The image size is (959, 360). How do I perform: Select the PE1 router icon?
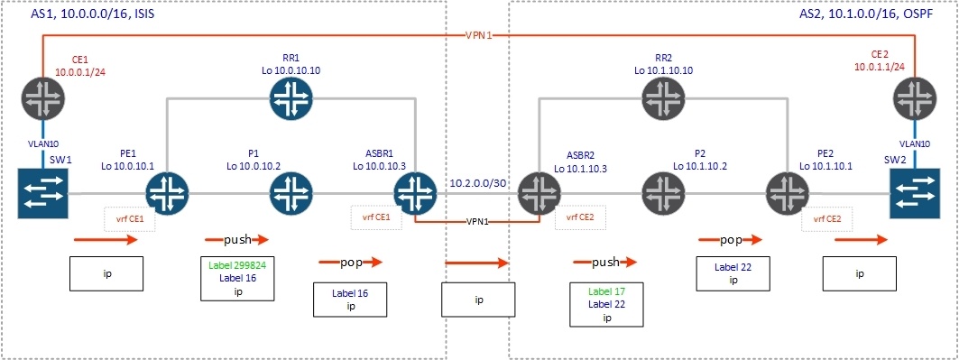tap(167, 193)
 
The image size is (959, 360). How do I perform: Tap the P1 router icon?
tap(290, 193)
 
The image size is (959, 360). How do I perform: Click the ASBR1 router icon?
tap(415, 193)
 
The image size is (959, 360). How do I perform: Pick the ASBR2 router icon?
tap(539, 193)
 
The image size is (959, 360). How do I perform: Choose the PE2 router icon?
tap(787, 193)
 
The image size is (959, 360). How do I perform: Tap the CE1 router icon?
tap(42, 97)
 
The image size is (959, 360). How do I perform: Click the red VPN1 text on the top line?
tap(478, 36)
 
